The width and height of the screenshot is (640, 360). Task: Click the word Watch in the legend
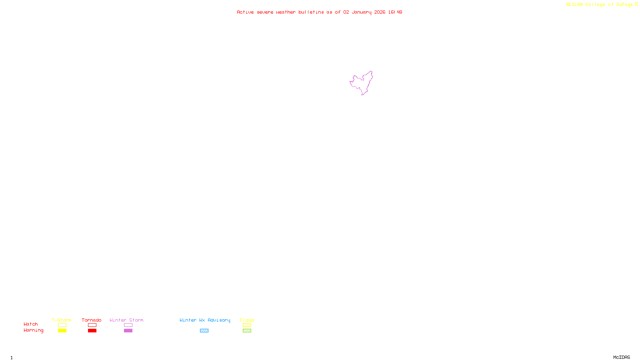31,324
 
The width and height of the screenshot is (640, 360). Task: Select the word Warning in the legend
33,330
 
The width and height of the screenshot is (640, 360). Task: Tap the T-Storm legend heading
62,320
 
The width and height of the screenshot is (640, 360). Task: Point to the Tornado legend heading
92,320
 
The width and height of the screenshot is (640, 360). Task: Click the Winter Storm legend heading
126,320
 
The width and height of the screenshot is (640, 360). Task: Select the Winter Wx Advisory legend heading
205,320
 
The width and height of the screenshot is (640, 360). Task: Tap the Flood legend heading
247,320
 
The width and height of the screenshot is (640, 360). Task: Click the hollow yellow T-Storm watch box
62,325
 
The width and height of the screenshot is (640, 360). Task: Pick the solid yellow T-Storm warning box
62,331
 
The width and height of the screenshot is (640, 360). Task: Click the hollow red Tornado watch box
92,325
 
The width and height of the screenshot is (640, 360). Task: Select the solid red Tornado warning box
92,331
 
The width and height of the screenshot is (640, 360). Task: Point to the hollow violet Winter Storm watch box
128,325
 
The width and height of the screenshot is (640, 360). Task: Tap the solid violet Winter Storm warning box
128,331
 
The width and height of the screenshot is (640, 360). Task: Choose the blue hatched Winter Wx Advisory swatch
204,331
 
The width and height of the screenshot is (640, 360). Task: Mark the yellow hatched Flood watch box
247,325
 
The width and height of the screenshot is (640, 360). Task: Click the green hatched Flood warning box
247,331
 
